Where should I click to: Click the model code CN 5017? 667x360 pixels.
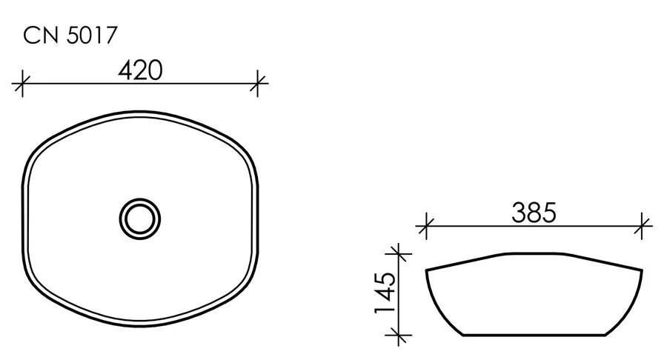click(x=70, y=35)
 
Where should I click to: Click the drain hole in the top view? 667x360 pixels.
click(x=139, y=218)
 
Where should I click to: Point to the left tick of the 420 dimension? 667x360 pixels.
click(x=23, y=83)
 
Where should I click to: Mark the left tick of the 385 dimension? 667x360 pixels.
click(x=425, y=226)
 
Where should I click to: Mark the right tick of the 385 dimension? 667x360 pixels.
click(x=643, y=226)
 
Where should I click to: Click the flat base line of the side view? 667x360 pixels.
click(x=534, y=336)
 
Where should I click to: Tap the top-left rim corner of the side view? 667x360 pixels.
click(x=427, y=270)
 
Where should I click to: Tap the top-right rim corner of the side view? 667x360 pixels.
click(x=642, y=270)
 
